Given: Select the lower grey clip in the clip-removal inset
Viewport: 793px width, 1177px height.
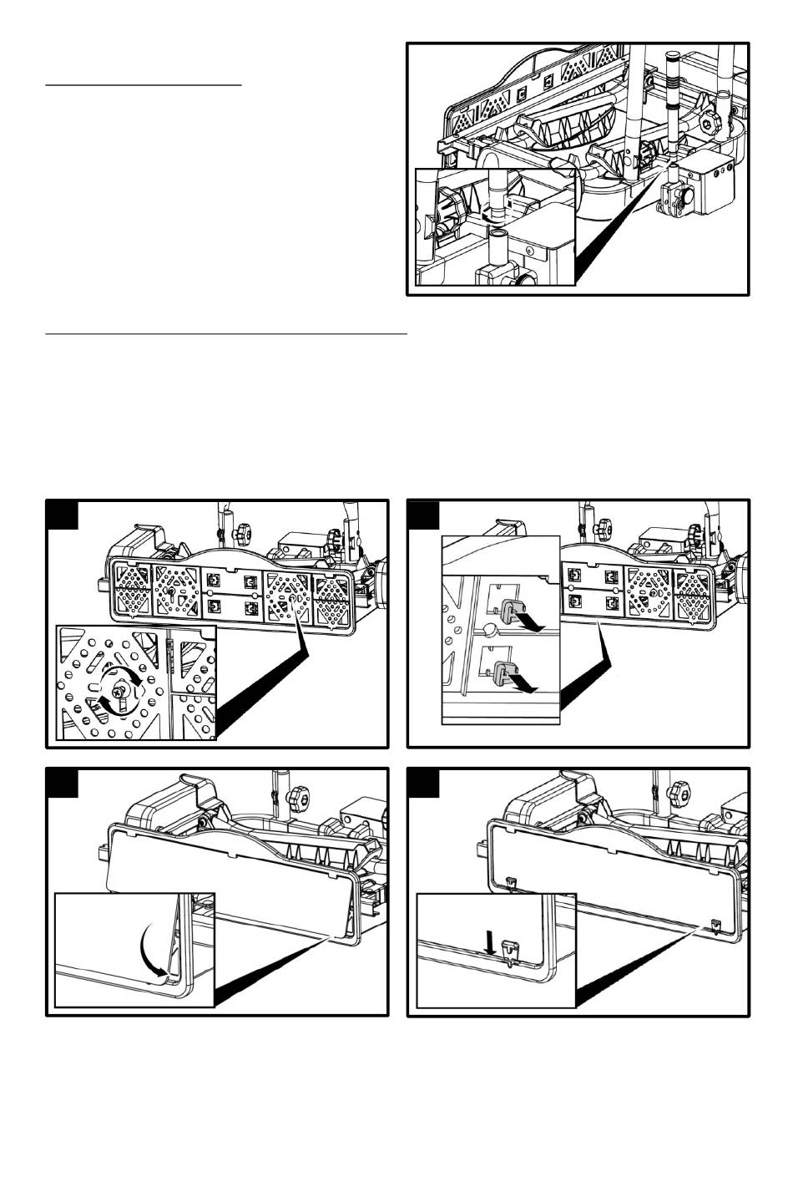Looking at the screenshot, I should [503, 672].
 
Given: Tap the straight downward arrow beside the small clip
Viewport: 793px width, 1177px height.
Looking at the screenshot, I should [490, 941].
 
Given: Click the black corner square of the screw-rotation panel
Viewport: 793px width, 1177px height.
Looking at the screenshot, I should [63, 515].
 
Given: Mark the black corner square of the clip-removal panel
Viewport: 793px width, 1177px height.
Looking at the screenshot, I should [424, 515].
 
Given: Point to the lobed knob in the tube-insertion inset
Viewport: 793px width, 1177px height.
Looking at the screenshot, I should [452, 211].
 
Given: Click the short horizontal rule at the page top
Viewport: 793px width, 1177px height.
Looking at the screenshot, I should [143, 84].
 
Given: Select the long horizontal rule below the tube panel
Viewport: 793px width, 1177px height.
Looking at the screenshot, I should [225, 333].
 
